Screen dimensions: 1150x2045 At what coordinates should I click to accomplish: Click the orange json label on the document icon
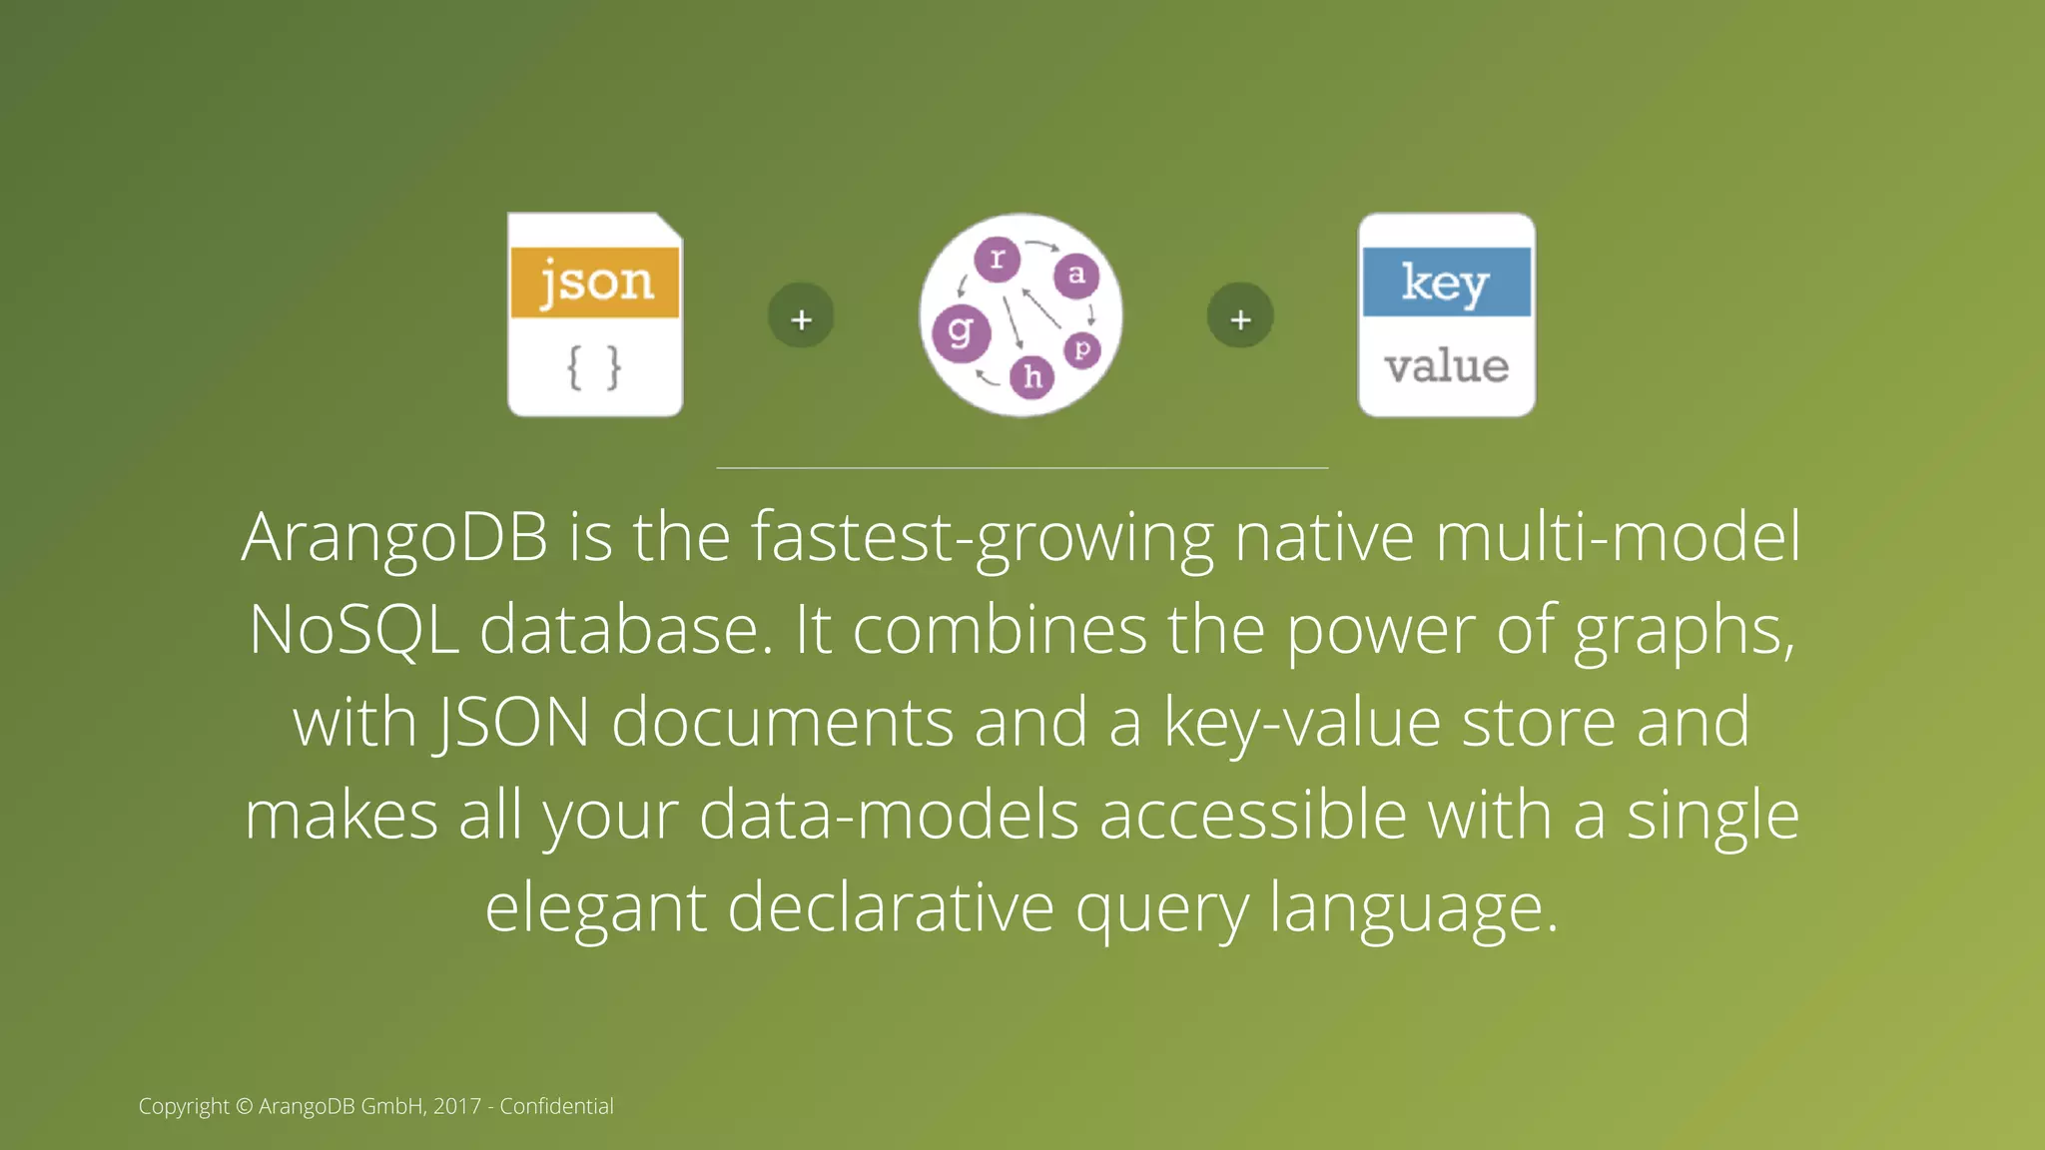595,283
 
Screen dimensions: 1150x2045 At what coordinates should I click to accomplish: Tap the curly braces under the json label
594,367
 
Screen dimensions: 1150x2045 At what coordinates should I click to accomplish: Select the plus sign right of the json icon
801,317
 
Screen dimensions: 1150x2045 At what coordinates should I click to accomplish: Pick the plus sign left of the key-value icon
1240,317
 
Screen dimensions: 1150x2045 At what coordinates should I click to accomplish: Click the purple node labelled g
961,332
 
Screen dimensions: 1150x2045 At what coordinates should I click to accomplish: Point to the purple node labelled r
997,259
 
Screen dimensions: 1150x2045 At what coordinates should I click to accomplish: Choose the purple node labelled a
1076,275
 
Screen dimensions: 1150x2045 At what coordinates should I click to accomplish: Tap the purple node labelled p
1081,349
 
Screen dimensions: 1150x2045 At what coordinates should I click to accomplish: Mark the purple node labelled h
1032,376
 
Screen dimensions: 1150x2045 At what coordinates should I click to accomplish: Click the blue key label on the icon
1446,283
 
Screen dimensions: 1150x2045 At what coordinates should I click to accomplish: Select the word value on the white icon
1446,366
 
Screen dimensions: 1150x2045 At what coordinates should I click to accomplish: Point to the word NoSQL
353,630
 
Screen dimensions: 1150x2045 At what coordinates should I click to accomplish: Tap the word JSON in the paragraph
513,723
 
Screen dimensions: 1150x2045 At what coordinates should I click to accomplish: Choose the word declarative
891,908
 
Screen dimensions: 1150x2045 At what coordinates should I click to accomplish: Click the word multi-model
1618,537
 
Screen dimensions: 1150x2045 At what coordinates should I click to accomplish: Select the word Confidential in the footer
556,1106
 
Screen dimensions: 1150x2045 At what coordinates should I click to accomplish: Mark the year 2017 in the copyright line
457,1106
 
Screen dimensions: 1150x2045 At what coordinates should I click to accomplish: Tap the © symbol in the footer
245,1106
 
